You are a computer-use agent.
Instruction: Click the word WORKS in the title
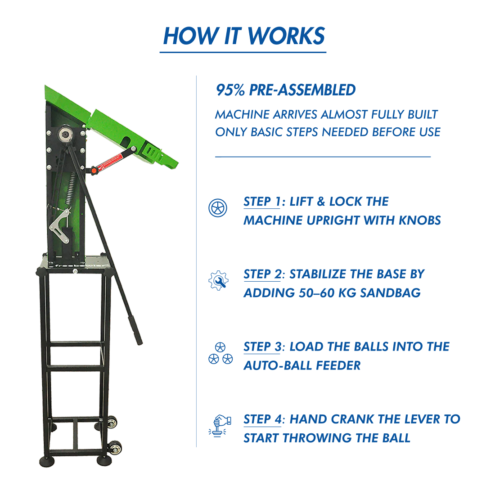pos(286,36)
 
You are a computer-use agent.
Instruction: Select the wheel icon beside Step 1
pos(218,207)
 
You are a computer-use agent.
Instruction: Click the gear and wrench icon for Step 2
pos(219,280)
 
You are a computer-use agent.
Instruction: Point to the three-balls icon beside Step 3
pos(220,353)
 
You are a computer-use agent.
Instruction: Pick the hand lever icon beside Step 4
pos(220,426)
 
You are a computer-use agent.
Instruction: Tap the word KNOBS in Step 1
pos(420,220)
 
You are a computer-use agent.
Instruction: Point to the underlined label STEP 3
pos(262,347)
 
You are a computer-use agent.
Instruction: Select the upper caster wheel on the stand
pos(112,423)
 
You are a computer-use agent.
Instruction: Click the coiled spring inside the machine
pos(71,189)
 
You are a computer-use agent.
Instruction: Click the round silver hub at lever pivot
pos(65,135)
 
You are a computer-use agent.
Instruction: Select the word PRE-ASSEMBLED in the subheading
pos(302,90)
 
